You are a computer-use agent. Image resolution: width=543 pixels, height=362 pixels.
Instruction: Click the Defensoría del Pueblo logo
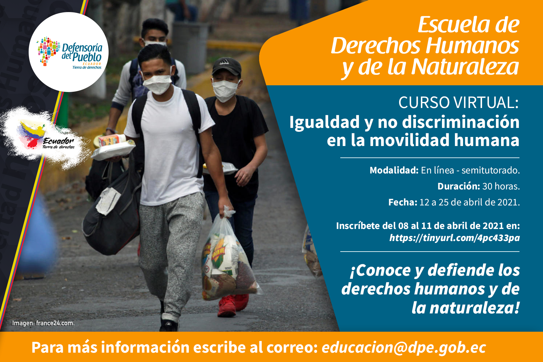(68, 52)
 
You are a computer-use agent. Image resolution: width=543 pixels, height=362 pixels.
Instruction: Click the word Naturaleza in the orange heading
(465, 67)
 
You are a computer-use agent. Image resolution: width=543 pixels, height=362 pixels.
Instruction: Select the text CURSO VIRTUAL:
(459, 103)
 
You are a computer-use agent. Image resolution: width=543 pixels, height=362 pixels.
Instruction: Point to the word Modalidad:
(394, 170)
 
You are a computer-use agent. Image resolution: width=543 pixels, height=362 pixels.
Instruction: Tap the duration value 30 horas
(501, 186)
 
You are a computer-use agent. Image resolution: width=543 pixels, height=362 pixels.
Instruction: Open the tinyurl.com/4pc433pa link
(455, 238)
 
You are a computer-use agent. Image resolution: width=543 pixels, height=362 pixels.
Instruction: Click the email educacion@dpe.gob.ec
(404, 348)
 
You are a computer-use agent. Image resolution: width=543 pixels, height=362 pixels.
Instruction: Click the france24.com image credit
(55, 323)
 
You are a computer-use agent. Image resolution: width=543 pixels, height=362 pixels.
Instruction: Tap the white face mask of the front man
(157, 84)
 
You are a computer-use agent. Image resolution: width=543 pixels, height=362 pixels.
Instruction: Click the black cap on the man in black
(227, 66)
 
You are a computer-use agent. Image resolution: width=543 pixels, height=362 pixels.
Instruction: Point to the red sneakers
(233, 305)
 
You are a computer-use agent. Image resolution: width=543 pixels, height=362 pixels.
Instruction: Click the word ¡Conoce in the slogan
(380, 270)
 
